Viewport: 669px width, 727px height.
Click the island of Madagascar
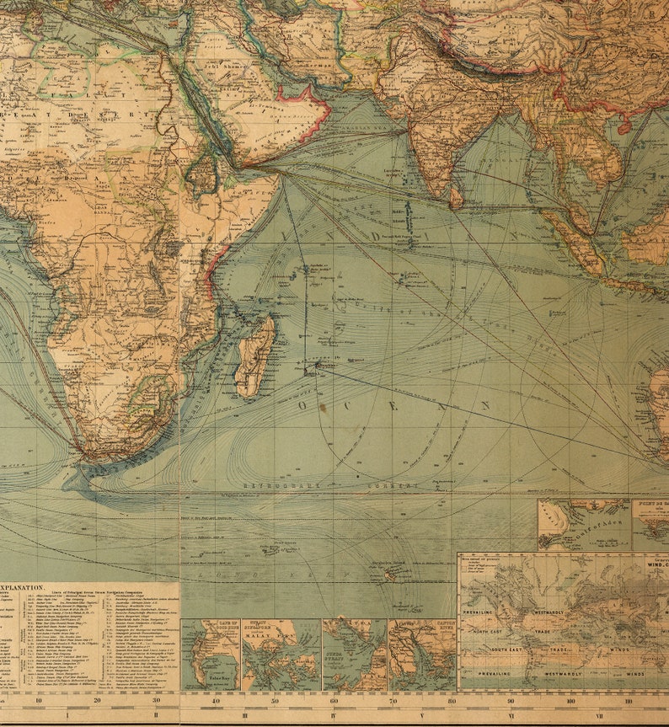pyautogui.click(x=254, y=357)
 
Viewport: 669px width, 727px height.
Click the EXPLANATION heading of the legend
pyautogui.click(x=22, y=586)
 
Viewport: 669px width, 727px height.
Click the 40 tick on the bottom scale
pyautogui.click(x=217, y=700)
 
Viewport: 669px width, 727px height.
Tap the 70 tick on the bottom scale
pyautogui.click(x=393, y=700)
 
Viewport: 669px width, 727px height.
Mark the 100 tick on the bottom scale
pyautogui.click(x=570, y=700)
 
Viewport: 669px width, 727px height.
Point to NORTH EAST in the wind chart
pyautogui.click(x=492, y=631)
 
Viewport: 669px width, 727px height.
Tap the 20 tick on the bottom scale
pyautogui.click(x=97, y=700)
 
